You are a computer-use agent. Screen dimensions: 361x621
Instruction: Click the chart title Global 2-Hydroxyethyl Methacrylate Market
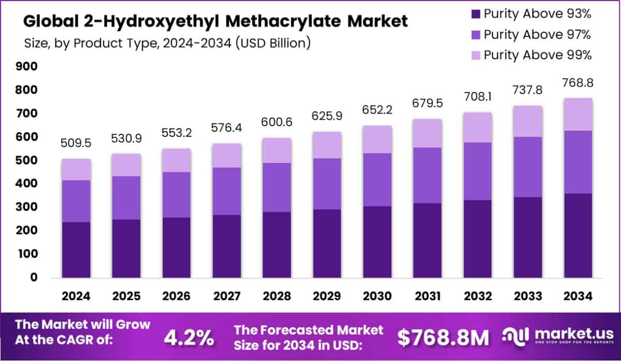point(216,21)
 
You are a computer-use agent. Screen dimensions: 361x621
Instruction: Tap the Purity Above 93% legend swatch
point(475,14)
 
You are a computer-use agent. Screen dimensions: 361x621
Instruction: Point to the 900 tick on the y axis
point(26,66)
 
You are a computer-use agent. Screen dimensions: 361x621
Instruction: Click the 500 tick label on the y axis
point(26,160)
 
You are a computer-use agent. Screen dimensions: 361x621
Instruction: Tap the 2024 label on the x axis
point(76,296)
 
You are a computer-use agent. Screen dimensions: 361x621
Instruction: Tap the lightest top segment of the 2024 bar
point(76,170)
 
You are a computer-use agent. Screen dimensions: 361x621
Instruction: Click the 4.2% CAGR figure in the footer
point(189,338)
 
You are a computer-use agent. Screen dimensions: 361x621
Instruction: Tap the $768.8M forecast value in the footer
point(443,338)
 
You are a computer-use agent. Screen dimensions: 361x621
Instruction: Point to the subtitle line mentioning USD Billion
point(167,43)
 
